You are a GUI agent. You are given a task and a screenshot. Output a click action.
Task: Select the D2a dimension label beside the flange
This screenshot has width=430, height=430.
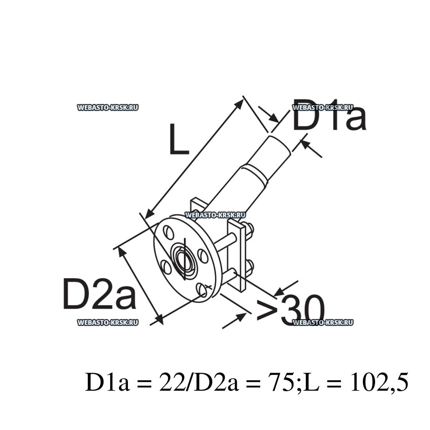point(99,294)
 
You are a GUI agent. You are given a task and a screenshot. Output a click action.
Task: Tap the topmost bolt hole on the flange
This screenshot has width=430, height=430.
point(168,231)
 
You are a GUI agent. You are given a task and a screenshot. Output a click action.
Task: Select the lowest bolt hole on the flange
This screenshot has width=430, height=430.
point(202,290)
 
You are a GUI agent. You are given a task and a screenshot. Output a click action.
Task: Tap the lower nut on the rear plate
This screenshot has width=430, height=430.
point(249,267)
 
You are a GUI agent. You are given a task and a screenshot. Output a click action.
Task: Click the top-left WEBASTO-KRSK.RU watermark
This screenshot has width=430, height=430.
point(108,108)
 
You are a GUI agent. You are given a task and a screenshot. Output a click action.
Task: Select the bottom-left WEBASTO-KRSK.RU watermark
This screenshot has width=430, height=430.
point(108,322)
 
